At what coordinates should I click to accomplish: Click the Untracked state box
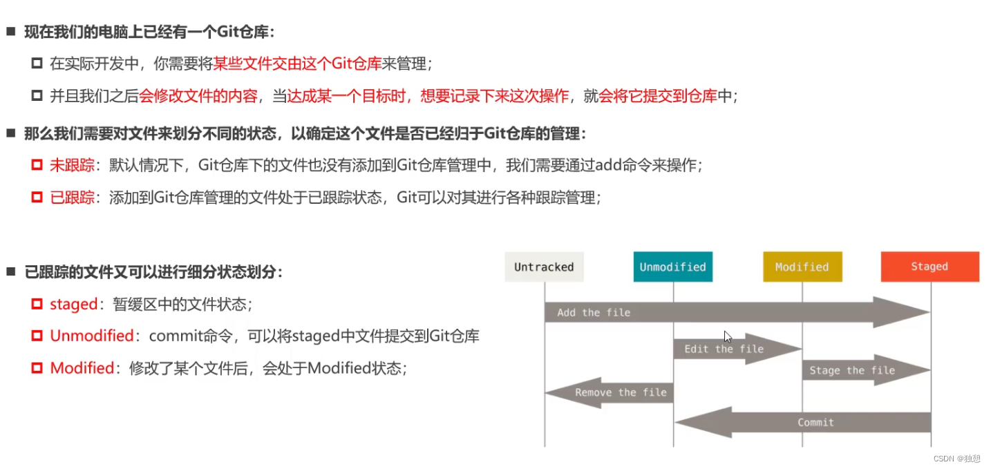tap(544, 267)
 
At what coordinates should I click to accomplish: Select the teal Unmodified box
tap(673, 267)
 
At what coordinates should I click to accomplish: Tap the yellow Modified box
tap(802, 267)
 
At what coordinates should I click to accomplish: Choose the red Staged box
tap(930, 267)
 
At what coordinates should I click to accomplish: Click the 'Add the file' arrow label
tap(594, 312)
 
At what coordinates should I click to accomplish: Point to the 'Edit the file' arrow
tap(737, 349)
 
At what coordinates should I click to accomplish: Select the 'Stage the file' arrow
tap(866, 370)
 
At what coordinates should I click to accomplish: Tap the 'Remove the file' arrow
tap(610, 392)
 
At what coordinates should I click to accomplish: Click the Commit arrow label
tap(815, 423)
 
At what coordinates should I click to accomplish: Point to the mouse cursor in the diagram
tap(727, 337)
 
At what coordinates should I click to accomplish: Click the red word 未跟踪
tap(72, 165)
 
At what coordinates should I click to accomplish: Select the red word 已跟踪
tap(72, 198)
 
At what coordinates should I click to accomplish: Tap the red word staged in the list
tap(73, 305)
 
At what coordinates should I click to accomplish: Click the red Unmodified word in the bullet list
tap(92, 336)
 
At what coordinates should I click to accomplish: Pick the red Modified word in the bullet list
tap(82, 368)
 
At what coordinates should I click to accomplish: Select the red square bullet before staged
tap(37, 304)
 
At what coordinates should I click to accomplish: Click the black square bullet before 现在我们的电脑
tap(11, 31)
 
